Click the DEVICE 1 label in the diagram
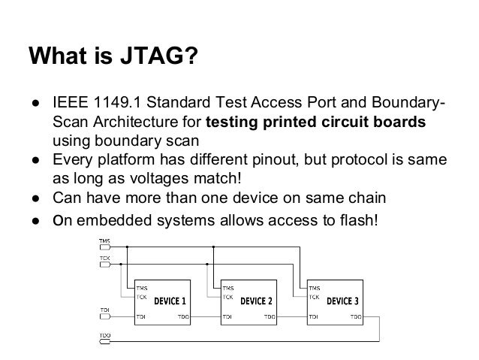[x=170, y=301]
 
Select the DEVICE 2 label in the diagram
[x=256, y=301]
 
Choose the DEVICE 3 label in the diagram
[x=343, y=301]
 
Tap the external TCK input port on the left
[x=104, y=262]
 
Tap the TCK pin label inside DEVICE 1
[x=141, y=295]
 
